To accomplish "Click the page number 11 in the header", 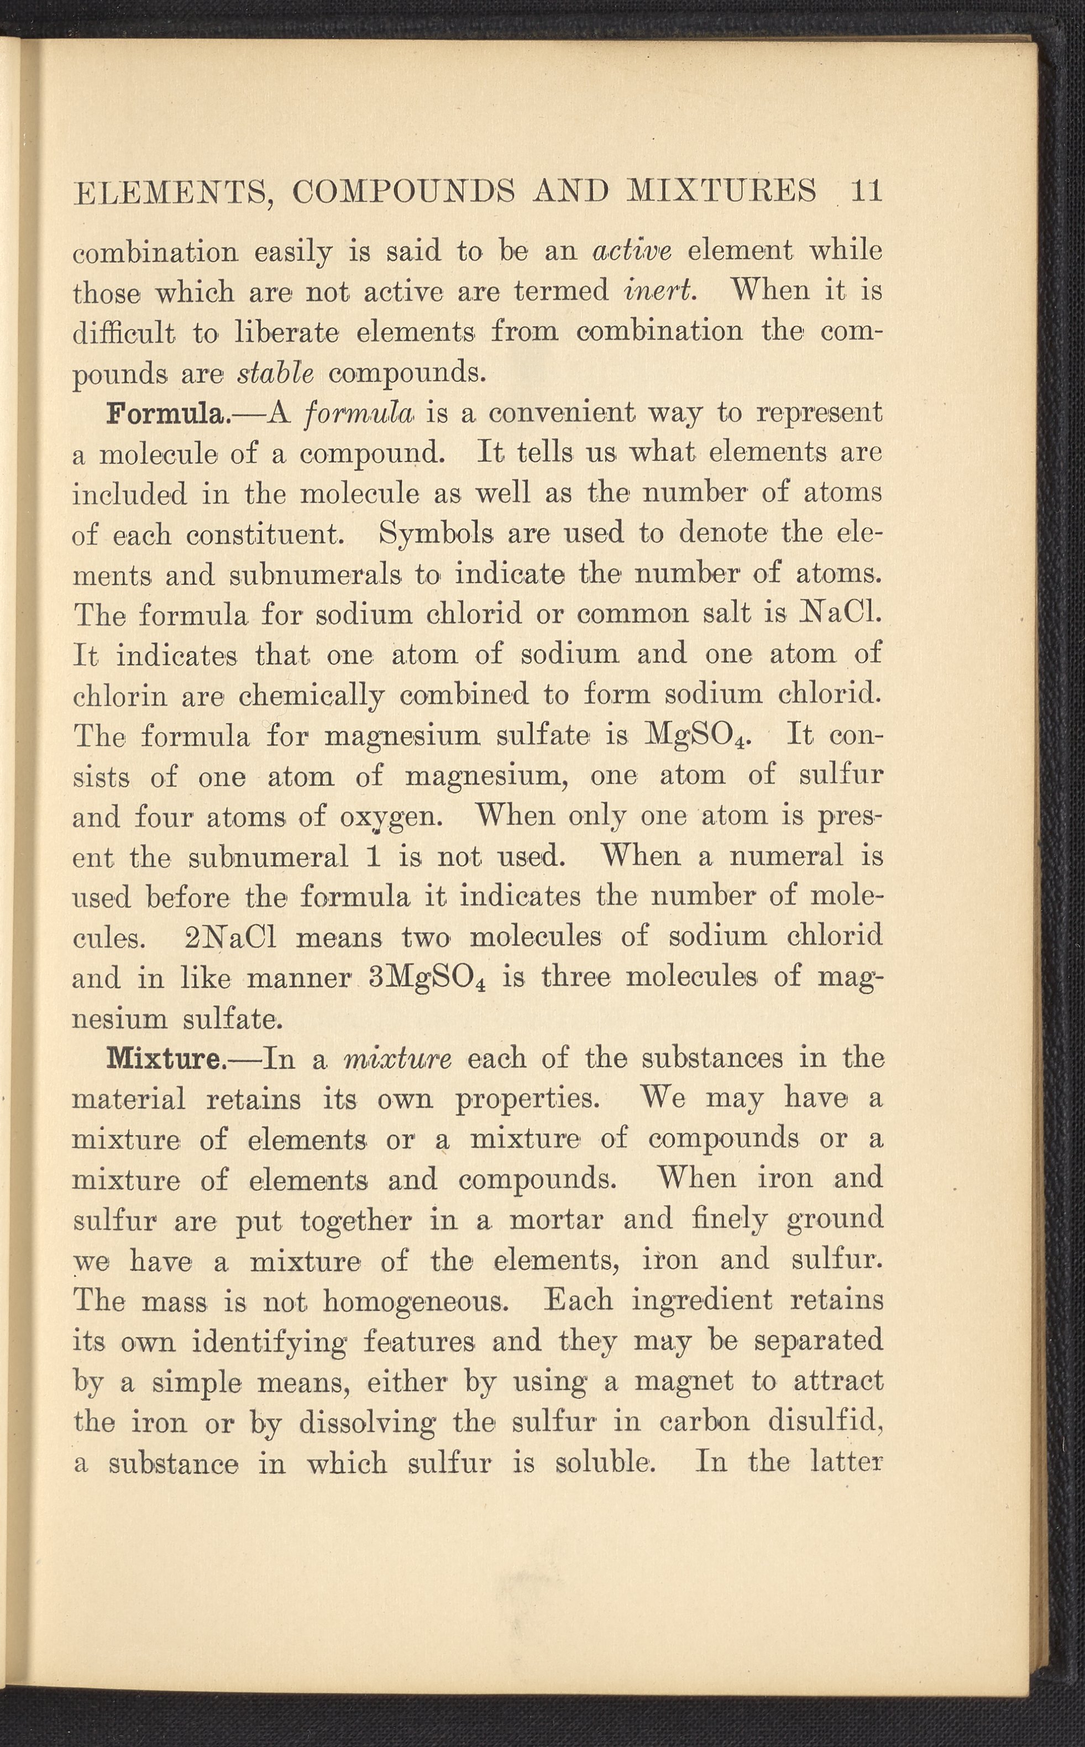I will pyautogui.click(x=866, y=192).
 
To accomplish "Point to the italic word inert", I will pyautogui.click(x=659, y=291).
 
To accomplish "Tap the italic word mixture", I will pyautogui.click(x=399, y=1059).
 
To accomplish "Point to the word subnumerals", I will pyautogui.click(x=315, y=574).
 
